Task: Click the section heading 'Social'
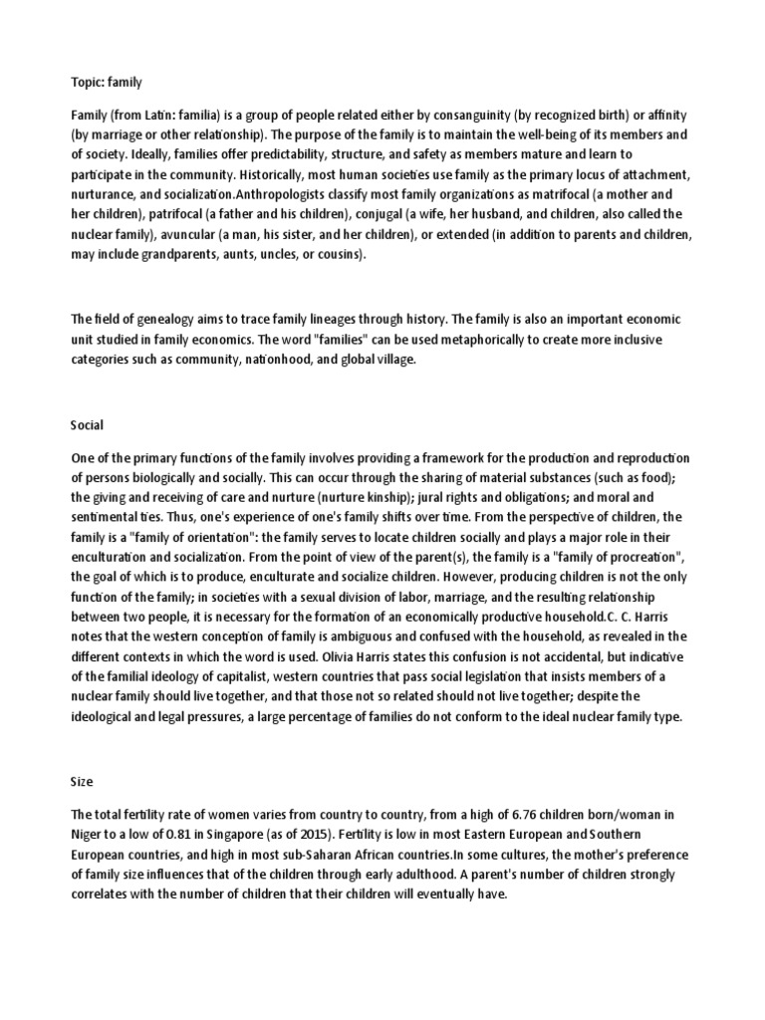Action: tap(88, 424)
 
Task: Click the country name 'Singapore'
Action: tap(244, 835)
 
